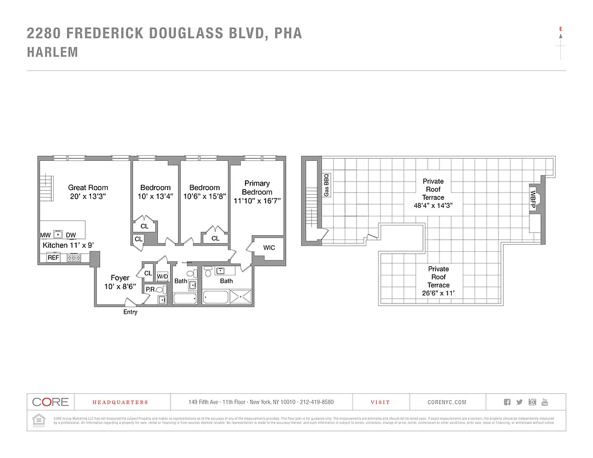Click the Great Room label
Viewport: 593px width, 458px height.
coord(88,187)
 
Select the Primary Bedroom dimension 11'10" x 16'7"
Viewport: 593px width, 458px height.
coord(257,201)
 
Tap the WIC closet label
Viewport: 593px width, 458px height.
coord(269,248)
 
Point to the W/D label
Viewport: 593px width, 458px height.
coord(163,277)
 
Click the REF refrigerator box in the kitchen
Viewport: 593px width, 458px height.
coord(53,258)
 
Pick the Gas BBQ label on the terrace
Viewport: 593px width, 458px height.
coord(327,185)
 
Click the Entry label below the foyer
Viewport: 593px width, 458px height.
coord(131,312)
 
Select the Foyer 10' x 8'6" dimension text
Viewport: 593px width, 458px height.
coord(120,286)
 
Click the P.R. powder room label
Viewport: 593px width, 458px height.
coord(151,290)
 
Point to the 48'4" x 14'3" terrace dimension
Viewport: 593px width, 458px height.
coord(433,206)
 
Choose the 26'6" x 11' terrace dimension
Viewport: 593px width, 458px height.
coord(438,293)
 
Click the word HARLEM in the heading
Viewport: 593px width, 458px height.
coord(53,52)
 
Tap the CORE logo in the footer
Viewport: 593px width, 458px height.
coord(50,402)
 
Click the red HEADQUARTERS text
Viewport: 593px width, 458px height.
coord(120,402)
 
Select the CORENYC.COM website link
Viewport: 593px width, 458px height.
coord(447,402)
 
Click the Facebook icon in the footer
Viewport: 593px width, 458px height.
coord(507,402)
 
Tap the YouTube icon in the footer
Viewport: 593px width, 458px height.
coord(545,402)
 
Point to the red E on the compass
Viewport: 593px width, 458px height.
coord(560,28)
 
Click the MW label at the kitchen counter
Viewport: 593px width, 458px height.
coord(45,235)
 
